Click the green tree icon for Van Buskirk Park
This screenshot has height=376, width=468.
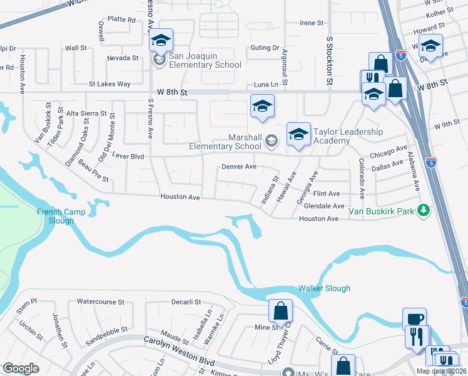[424, 210]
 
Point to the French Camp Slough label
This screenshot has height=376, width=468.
[55, 216]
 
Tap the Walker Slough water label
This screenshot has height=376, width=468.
[323, 288]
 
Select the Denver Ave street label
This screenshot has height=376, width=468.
[239, 167]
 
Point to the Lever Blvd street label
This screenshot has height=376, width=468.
[128, 156]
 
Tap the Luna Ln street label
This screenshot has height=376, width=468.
[265, 84]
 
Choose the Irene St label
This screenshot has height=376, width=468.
[312, 23]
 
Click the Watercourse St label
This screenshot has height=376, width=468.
[101, 301]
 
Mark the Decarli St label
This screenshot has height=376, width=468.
[186, 301]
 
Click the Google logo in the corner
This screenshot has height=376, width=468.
[21, 368]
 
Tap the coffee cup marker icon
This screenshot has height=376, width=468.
[414, 318]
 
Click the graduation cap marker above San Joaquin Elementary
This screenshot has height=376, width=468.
[161, 41]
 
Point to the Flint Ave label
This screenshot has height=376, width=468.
[326, 194]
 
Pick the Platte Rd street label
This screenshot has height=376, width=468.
[121, 19]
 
